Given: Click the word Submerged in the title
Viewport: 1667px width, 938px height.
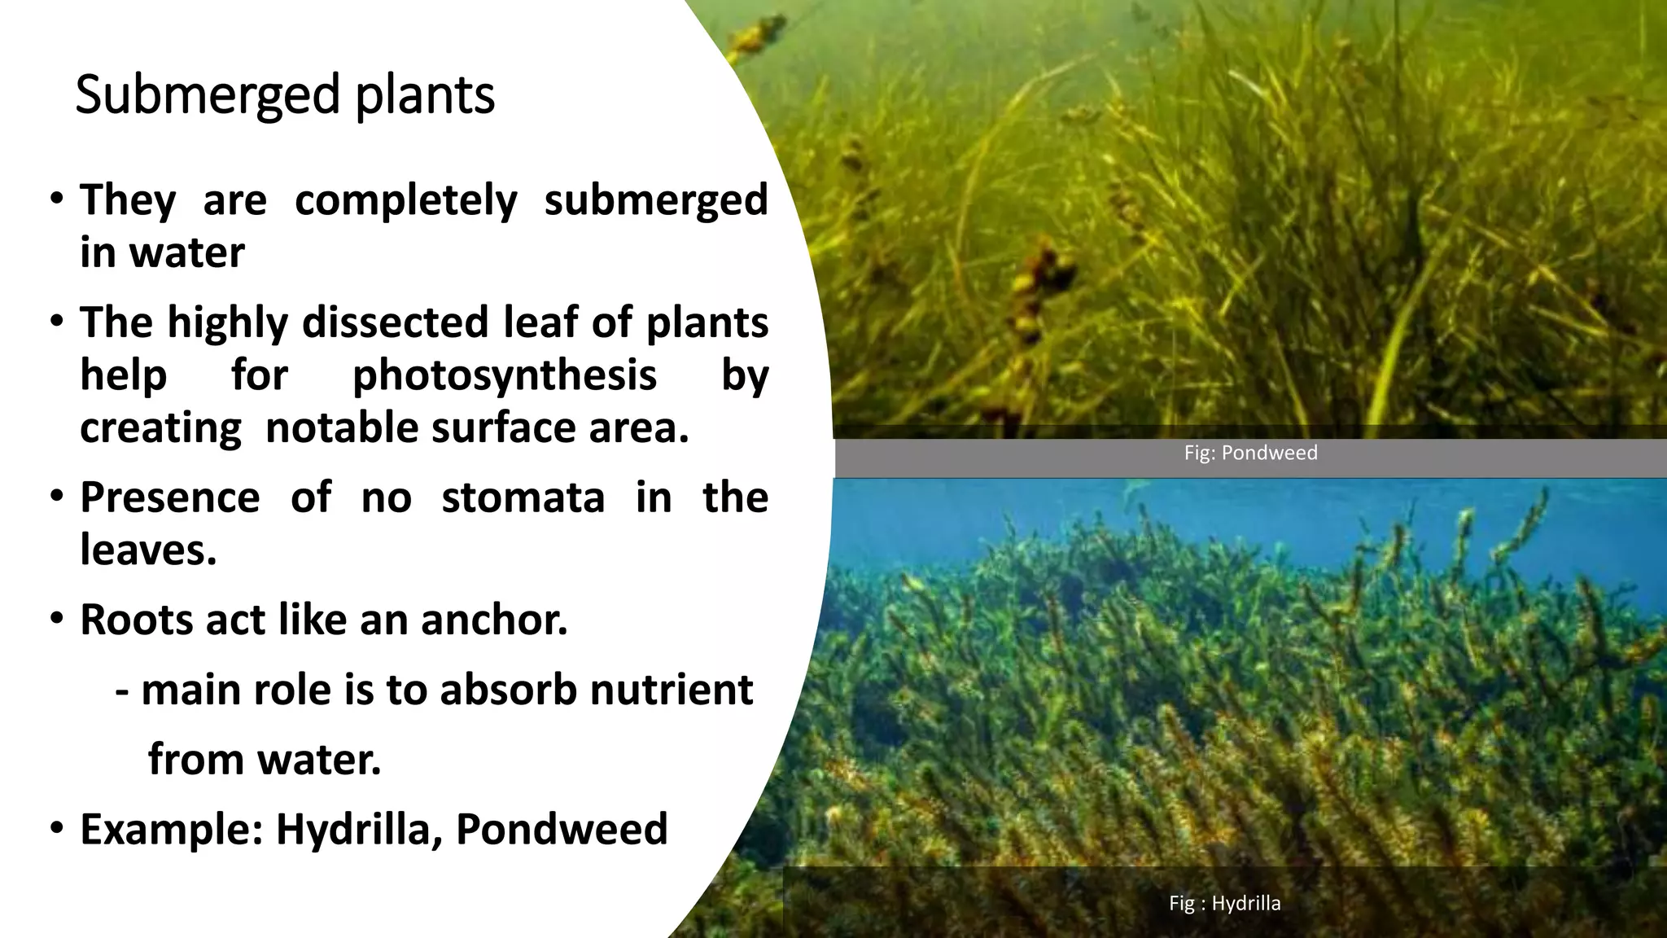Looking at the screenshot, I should pyautogui.click(x=207, y=96).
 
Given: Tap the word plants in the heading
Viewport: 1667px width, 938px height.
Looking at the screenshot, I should pyautogui.click(x=425, y=96).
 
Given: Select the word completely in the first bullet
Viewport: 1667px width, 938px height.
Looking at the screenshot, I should pyautogui.click(x=405, y=200).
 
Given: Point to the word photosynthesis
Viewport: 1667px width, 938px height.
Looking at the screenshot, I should pyautogui.click(x=504, y=375).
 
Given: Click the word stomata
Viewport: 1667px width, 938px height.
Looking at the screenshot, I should pyautogui.click(x=523, y=497).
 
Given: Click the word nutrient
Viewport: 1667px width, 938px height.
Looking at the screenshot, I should pyautogui.click(x=672, y=690).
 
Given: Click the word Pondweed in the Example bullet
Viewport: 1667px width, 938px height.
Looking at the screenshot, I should pyautogui.click(x=562, y=830).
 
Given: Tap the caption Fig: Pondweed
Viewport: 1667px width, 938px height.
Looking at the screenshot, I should pyautogui.click(x=1250, y=453).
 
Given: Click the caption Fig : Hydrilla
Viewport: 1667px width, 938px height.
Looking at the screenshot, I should pyautogui.click(x=1224, y=903).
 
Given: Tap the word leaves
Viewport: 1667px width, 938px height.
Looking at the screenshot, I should pyautogui.click(x=147, y=550).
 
